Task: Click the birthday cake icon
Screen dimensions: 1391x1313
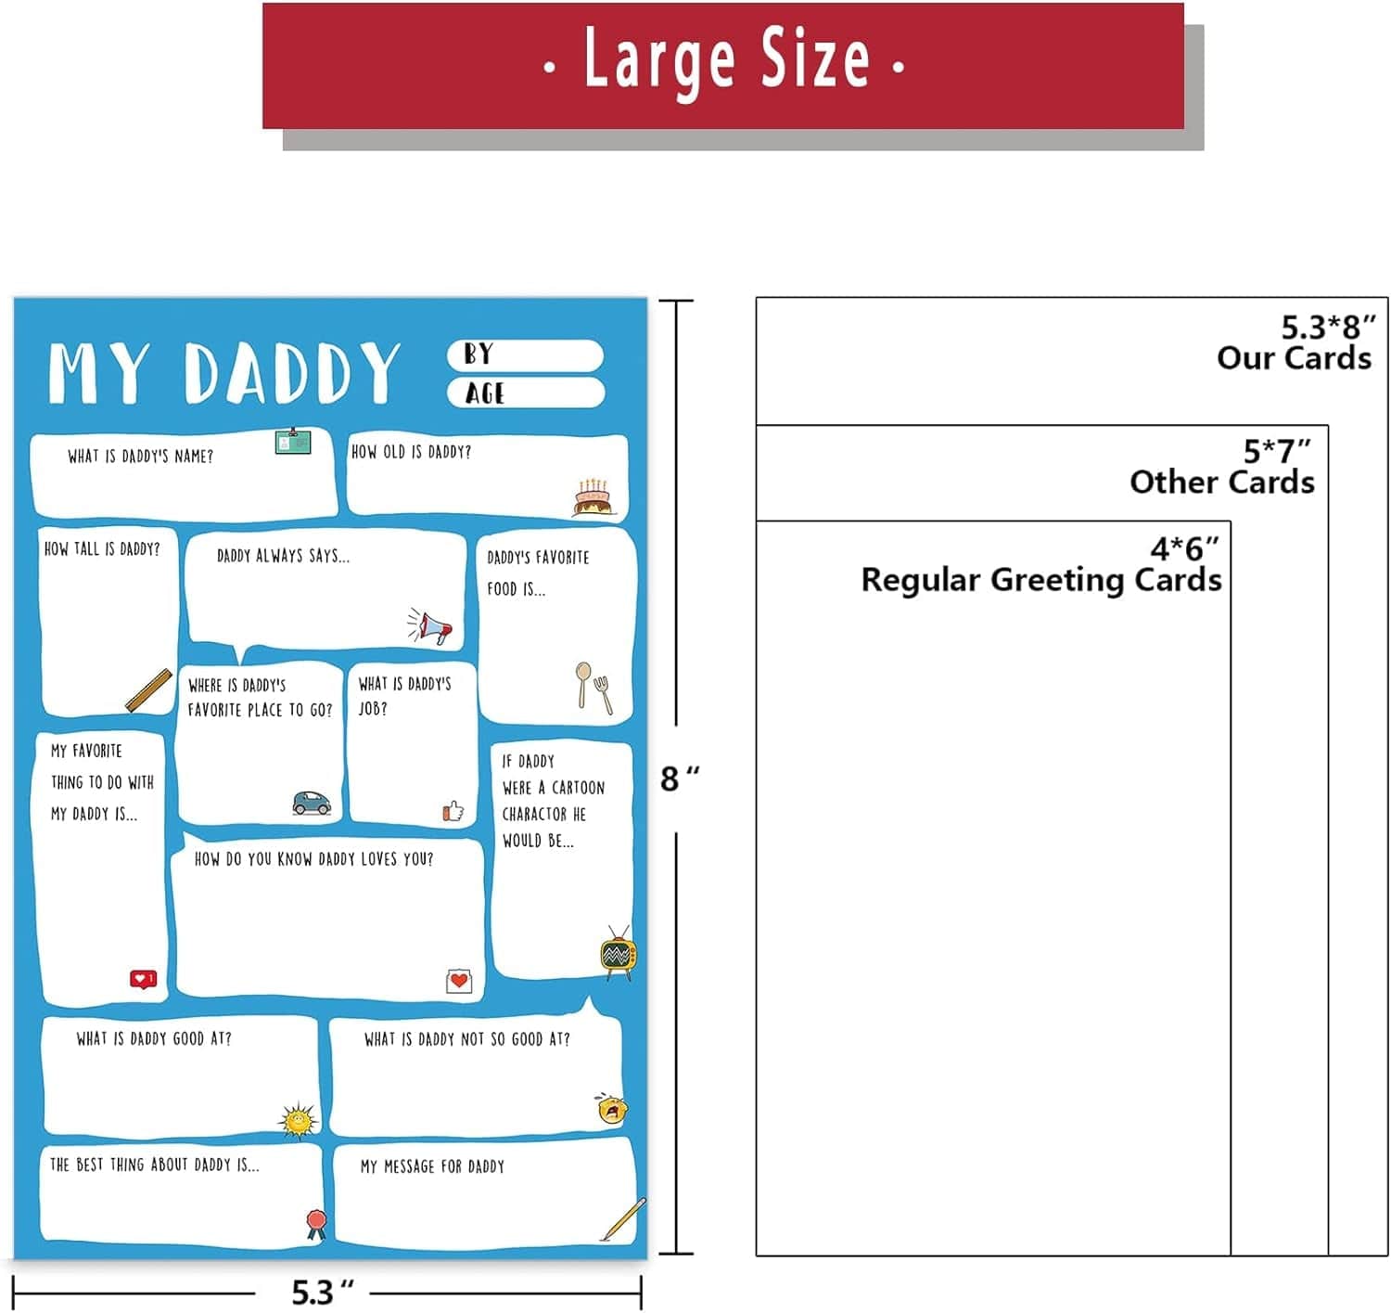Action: click(x=593, y=497)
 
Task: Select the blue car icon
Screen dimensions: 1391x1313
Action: click(x=312, y=803)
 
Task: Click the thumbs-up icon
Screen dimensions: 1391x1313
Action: click(x=453, y=811)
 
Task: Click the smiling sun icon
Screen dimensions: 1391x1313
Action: click(x=298, y=1119)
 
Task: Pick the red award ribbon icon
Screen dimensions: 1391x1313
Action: click(x=316, y=1225)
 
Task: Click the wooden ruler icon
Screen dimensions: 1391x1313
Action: click(x=148, y=690)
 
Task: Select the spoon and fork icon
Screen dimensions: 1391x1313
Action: click(x=593, y=688)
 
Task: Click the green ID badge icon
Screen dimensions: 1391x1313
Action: click(x=293, y=441)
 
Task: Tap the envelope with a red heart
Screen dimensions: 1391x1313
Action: click(x=459, y=981)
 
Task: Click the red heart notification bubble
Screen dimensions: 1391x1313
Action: click(x=143, y=979)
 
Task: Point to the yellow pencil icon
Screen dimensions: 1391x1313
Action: click(x=622, y=1220)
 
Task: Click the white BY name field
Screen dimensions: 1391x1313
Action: click(x=525, y=355)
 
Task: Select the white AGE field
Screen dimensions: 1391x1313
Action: click(x=526, y=393)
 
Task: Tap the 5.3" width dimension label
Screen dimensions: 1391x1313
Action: click(x=323, y=1292)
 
